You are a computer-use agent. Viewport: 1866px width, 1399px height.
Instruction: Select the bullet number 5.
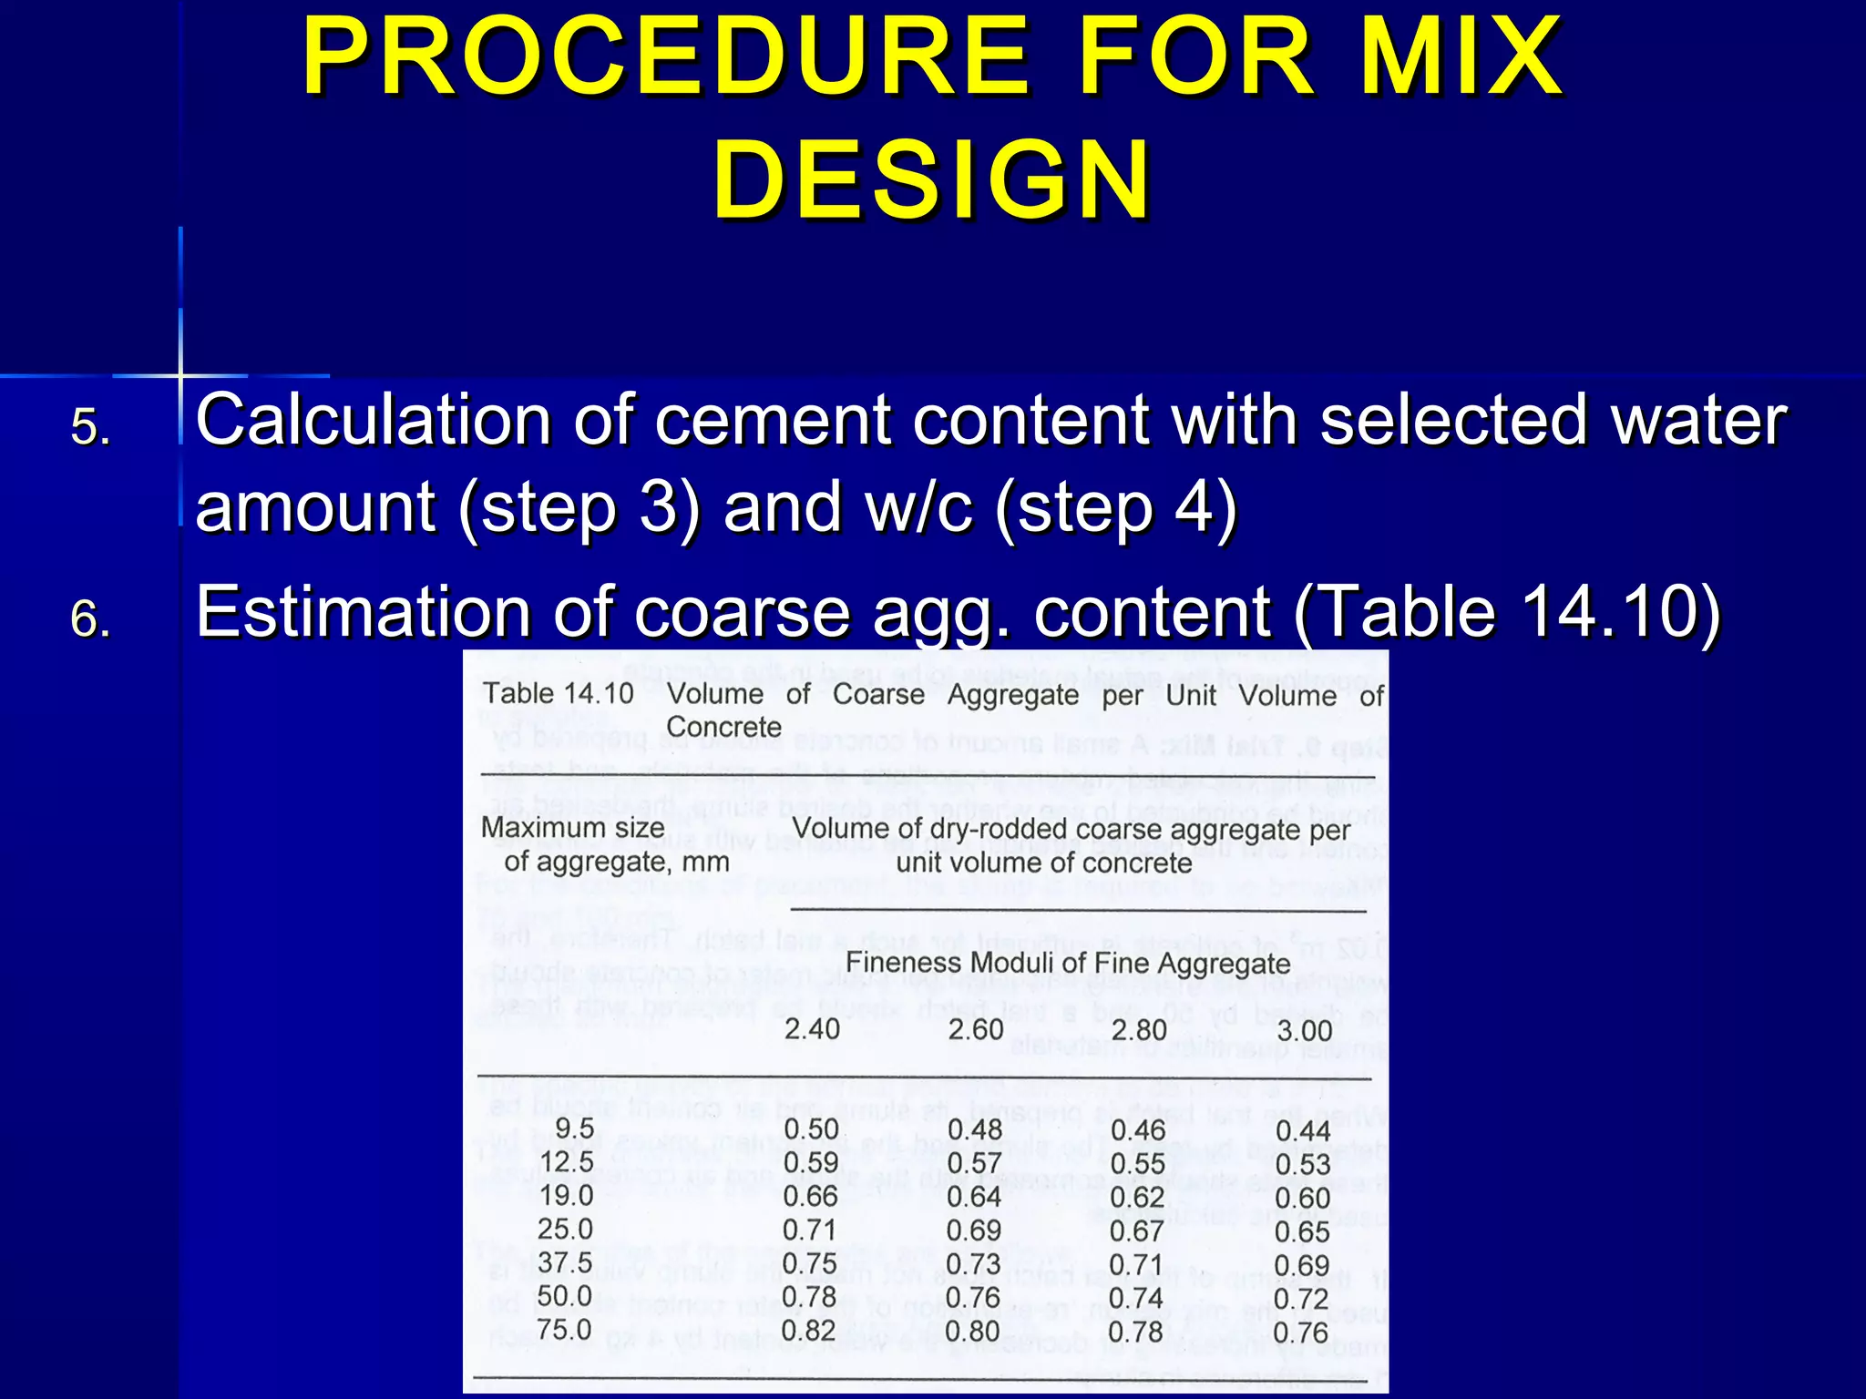[90, 427]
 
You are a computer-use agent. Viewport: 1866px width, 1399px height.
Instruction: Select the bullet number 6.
[90, 620]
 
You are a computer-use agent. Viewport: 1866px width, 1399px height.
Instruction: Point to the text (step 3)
[579, 507]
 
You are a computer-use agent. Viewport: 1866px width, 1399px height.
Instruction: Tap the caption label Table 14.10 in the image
[559, 693]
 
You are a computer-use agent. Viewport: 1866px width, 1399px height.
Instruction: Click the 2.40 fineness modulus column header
[812, 1029]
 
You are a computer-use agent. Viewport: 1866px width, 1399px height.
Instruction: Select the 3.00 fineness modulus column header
[1304, 1031]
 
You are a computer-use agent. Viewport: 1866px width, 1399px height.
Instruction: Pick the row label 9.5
[574, 1128]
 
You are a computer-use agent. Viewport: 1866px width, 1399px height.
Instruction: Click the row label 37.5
[565, 1262]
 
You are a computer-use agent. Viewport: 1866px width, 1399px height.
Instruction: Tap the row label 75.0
[564, 1330]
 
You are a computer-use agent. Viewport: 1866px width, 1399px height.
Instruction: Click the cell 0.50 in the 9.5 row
[811, 1129]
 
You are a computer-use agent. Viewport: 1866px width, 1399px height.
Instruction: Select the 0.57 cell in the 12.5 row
[974, 1163]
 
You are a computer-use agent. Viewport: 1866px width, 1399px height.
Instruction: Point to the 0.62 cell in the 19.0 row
[1138, 1197]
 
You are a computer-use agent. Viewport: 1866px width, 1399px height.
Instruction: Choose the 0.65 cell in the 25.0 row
[1302, 1231]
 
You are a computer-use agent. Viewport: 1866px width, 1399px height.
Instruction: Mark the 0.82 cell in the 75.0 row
[808, 1331]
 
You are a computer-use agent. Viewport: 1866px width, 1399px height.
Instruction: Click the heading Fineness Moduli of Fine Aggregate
[1068, 963]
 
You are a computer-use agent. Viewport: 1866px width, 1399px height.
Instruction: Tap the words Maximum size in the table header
[572, 828]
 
